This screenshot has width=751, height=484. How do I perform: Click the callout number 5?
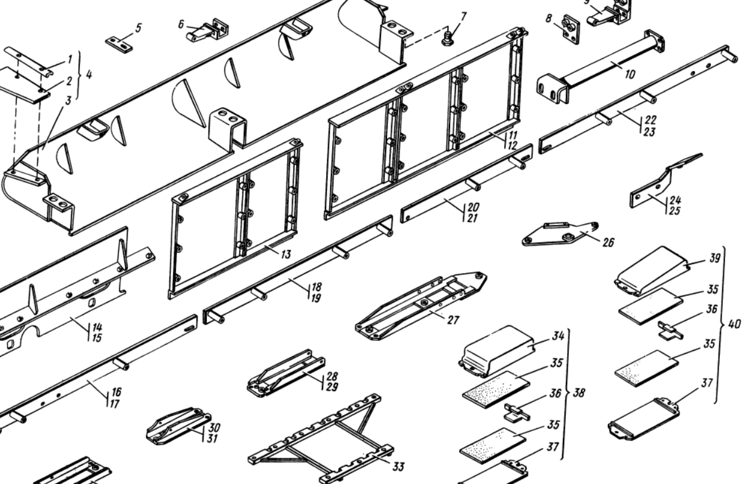138,28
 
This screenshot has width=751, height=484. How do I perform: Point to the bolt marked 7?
446,40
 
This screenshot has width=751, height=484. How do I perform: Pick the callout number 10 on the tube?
613,75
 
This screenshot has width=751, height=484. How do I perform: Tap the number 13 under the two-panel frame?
285,254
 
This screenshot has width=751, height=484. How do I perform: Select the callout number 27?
452,320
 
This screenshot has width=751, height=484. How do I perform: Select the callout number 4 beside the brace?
89,76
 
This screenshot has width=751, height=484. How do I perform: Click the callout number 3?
68,100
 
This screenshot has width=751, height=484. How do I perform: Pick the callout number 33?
397,467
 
